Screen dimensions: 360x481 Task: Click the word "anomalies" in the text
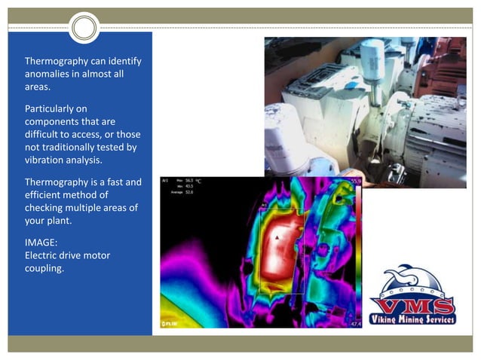(47, 74)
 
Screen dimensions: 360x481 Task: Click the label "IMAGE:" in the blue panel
(41, 243)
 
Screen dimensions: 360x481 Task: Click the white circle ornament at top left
(85, 29)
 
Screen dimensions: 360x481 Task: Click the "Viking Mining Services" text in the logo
(413, 319)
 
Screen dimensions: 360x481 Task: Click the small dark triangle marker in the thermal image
(278, 236)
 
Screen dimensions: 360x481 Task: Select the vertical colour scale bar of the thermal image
(360, 252)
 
